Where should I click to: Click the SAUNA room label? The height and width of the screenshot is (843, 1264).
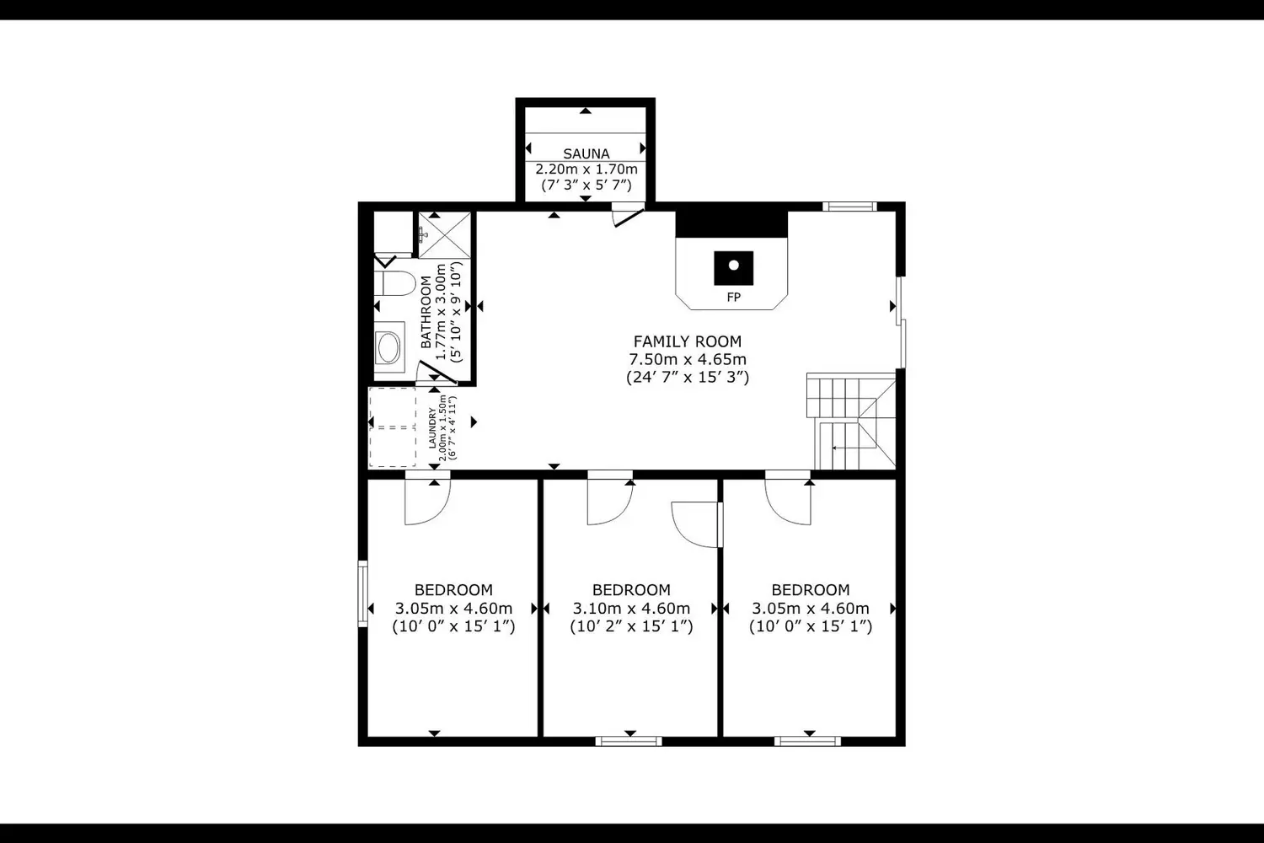(x=586, y=153)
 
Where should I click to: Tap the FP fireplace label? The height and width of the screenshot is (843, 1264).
(x=734, y=297)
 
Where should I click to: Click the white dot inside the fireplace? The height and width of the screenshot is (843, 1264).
(x=734, y=265)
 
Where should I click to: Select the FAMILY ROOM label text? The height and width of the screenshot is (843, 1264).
(x=688, y=341)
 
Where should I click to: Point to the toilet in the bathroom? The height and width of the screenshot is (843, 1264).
(x=394, y=283)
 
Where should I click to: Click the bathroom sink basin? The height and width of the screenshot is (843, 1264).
(x=388, y=347)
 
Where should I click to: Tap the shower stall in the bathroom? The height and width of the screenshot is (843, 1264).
(x=444, y=235)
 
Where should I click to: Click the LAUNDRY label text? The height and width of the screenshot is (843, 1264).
(x=432, y=428)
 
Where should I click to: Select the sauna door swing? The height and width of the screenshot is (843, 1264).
(x=628, y=217)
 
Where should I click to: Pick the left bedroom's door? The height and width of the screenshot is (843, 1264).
(x=428, y=502)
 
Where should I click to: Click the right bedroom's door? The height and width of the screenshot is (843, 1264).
(x=788, y=502)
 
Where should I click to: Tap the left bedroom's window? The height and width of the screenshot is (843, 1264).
(x=363, y=593)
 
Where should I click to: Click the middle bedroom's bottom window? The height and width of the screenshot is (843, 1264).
(x=629, y=741)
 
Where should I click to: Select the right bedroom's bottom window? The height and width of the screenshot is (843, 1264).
(x=807, y=741)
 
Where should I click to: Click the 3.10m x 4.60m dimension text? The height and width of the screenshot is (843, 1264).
(x=631, y=608)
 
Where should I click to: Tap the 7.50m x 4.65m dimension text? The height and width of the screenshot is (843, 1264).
(x=688, y=359)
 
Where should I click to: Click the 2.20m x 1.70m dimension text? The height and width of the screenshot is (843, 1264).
(x=586, y=169)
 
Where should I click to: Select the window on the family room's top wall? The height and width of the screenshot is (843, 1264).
(x=849, y=207)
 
